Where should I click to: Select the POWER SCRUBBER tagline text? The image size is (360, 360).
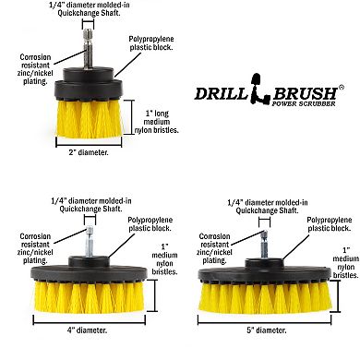(x=304, y=103)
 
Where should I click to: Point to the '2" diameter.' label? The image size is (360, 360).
(x=89, y=152)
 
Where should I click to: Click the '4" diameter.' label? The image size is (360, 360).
(x=88, y=330)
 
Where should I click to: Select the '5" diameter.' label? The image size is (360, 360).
(x=267, y=330)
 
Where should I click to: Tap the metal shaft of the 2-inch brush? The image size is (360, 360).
(x=88, y=49)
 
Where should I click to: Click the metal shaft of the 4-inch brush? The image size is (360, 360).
(x=90, y=242)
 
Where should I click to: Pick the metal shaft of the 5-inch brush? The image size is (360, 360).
(x=264, y=246)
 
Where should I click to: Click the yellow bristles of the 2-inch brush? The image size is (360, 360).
(x=90, y=118)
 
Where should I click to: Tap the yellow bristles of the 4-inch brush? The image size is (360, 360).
(x=89, y=297)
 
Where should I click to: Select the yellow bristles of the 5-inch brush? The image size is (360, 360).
(x=265, y=298)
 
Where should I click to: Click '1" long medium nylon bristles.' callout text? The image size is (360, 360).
(x=157, y=122)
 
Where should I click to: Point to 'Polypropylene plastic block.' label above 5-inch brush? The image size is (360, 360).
(x=330, y=224)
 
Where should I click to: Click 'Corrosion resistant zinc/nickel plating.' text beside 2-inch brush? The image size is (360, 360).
(x=35, y=69)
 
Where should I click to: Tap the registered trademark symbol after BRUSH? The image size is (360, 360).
(x=341, y=87)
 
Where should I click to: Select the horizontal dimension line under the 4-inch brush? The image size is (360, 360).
(x=89, y=323)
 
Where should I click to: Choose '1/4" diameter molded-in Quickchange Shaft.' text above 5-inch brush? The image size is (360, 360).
(x=268, y=207)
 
